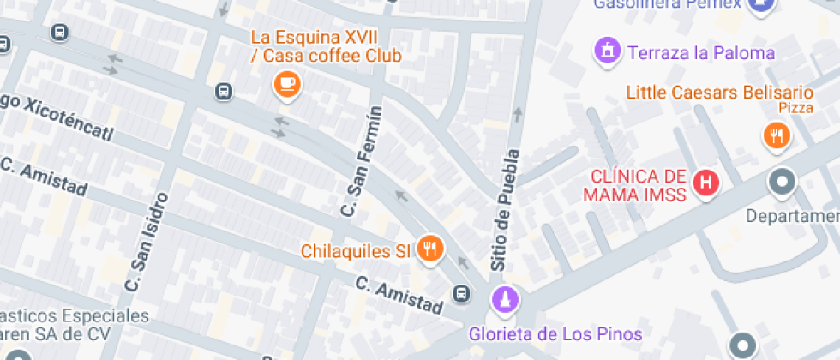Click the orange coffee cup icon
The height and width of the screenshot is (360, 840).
(287, 83)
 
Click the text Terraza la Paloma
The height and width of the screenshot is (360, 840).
(701, 53)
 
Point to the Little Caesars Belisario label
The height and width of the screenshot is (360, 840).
(719, 92)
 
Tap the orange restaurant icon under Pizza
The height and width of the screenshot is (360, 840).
(777, 135)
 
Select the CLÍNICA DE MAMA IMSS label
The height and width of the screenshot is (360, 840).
(635, 186)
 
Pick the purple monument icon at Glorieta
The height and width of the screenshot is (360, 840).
(504, 300)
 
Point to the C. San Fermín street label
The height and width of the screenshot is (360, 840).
(361, 162)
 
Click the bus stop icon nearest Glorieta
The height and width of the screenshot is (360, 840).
(462, 293)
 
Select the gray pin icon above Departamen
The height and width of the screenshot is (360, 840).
(782, 182)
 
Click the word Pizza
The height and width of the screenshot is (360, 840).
(795, 108)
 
